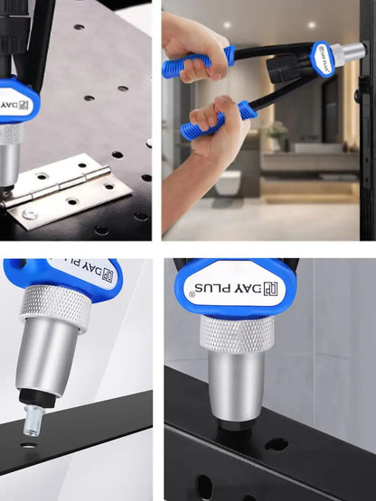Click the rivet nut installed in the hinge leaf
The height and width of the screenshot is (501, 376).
click(x=30, y=215)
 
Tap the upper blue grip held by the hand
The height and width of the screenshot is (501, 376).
click(x=199, y=61)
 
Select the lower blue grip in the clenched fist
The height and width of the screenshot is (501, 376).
click(x=218, y=121)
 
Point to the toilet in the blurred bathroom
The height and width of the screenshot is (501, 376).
click(x=228, y=182)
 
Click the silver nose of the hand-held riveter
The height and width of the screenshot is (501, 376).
click(x=348, y=53)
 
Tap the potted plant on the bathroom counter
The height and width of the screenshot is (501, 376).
click(x=277, y=135)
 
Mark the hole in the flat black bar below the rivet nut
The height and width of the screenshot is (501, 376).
click(x=28, y=444)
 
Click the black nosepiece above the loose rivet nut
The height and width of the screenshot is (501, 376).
click(x=38, y=398)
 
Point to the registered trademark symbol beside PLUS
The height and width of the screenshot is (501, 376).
click(x=192, y=294)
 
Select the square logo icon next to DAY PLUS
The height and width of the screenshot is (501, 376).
click(x=270, y=289)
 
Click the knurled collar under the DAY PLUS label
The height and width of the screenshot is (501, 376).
click(x=237, y=334)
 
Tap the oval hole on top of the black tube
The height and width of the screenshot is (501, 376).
click(x=277, y=444)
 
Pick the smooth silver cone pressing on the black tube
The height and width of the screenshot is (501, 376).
click(x=237, y=386)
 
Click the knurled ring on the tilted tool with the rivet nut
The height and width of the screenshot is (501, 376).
click(x=55, y=306)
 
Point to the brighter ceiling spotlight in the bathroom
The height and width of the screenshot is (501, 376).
click(x=312, y=25)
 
